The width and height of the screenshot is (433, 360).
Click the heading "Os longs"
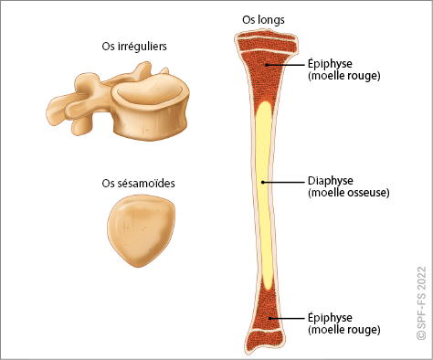[x=263, y=20]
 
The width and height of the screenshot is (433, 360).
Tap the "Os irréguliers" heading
[x=134, y=47]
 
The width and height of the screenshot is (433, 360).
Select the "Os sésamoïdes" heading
[x=138, y=183]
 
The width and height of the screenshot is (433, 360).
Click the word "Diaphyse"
[x=331, y=181]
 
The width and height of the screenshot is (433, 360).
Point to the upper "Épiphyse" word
[x=330, y=64]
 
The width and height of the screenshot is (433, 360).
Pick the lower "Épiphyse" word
[x=330, y=318]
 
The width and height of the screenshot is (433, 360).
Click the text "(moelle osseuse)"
[x=349, y=193]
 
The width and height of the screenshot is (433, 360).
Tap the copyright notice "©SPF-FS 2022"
[x=421, y=303]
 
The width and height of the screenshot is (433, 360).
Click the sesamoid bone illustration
[x=141, y=231]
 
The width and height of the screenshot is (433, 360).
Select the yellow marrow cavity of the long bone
[x=264, y=195]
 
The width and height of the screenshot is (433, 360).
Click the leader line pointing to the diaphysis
[x=283, y=182]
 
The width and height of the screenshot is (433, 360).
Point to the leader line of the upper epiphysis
[x=286, y=65]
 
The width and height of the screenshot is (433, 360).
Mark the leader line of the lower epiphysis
[x=287, y=319]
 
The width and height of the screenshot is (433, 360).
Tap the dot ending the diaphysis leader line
[x=263, y=182]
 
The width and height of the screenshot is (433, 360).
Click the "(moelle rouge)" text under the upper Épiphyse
[x=344, y=76]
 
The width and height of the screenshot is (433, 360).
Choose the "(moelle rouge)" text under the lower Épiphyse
[x=344, y=330]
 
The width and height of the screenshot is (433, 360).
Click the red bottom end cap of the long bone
[x=264, y=341]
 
